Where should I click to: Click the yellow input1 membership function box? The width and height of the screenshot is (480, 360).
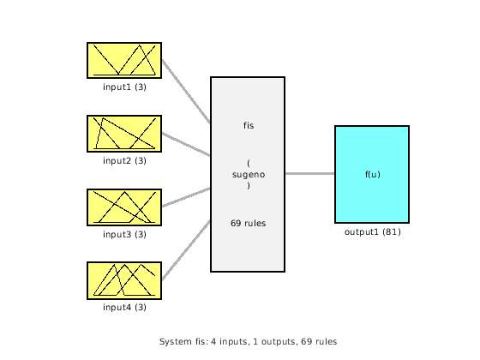(x=124, y=60)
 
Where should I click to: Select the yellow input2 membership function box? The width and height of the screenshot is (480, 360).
(x=124, y=134)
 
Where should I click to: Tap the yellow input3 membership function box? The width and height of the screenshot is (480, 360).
(x=124, y=207)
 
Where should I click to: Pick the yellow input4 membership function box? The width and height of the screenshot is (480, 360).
(x=124, y=280)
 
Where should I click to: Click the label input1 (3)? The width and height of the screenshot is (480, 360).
(x=124, y=87)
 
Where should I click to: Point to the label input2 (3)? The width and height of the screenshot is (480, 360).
(x=124, y=160)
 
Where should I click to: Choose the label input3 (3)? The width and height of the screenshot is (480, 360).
(x=124, y=234)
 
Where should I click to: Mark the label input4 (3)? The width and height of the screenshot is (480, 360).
(x=124, y=307)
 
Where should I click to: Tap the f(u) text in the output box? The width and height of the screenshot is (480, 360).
(x=372, y=174)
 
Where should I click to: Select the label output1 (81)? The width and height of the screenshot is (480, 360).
(x=372, y=231)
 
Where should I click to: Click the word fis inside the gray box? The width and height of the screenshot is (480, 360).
(x=248, y=126)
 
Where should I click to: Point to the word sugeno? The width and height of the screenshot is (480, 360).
(x=248, y=174)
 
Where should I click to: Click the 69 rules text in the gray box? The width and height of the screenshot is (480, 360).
(x=248, y=223)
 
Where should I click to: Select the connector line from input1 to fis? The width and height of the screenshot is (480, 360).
(x=186, y=92)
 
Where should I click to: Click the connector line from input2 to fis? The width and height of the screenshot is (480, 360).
(x=186, y=144)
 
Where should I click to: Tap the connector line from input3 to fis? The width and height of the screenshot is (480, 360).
(x=186, y=197)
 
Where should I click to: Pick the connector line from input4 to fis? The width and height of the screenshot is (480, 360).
(x=186, y=250)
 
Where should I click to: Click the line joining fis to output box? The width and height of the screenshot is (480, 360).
(x=309, y=174)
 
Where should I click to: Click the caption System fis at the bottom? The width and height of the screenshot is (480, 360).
(x=248, y=341)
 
